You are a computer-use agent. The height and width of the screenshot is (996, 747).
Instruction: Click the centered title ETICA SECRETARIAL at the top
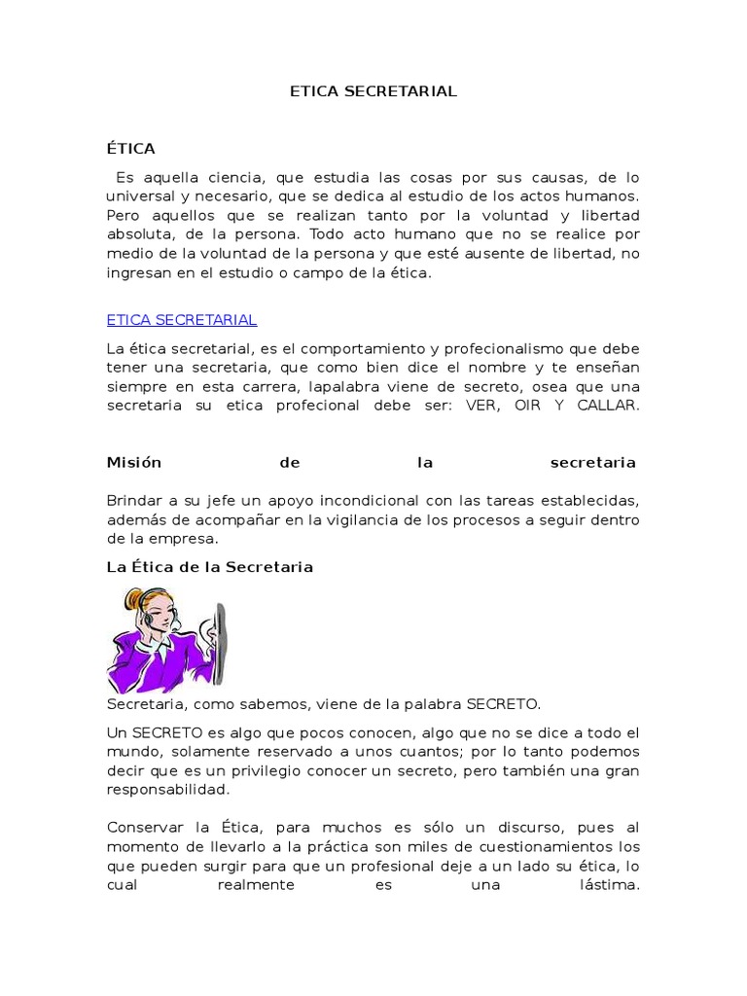(373, 91)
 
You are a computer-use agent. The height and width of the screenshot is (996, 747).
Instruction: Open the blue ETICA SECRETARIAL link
(182, 320)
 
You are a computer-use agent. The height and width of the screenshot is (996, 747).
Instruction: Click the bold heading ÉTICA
(131, 149)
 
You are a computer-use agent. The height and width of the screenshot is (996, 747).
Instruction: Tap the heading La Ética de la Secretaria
(210, 566)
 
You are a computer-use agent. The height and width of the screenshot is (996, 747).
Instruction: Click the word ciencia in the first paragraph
(233, 177)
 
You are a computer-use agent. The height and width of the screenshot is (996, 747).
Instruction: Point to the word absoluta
(139, 233)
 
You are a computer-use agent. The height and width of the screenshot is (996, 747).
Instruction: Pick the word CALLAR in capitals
(610, 405)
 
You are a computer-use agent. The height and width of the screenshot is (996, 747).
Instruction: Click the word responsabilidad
(168, 790)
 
